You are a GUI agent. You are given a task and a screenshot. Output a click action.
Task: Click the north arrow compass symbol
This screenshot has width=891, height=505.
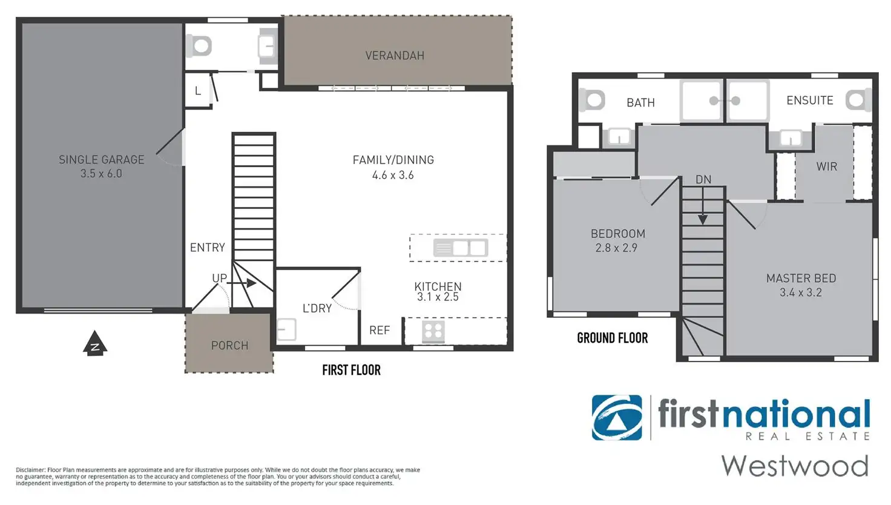pyautogui.click(x=95, y=343)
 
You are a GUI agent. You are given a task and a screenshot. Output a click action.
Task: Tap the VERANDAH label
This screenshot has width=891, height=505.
pyautogui.click(x=395, y=56)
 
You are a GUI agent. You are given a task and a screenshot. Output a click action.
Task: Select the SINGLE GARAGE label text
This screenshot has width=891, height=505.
pyautogui.click(x=102, y=160)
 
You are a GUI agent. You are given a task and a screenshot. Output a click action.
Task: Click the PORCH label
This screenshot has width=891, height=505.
pyautogui.click(x=229, y=345)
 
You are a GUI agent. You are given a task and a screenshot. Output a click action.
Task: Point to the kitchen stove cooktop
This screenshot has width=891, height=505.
pyautogui.click(x=433, y=331)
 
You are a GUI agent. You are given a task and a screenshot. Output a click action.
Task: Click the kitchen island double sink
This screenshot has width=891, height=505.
pyautogui.click(x=461, y=248)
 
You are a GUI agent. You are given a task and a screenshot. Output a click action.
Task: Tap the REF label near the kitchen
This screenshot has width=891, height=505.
pyautogui.click(x=380, y=330)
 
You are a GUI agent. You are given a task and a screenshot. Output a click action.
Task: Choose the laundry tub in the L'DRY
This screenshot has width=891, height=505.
pyautogui.click(x=286, y=329)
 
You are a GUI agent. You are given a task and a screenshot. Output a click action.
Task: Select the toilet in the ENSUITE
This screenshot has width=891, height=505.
pyautogui.click(x=858, y=100)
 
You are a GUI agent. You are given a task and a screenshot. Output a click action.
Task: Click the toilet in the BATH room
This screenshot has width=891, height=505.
pyautogui.click(x=592, y=100)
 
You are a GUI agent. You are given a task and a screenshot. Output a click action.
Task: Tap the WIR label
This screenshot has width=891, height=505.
pyautogui.click(x=827, y=167)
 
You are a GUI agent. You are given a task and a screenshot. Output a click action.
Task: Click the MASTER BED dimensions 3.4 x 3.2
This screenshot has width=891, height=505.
pyautogui.click(x=801, y=293)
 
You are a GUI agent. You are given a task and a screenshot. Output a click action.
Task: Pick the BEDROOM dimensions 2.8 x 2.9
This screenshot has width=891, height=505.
pyautogui.click(x=616, y=248)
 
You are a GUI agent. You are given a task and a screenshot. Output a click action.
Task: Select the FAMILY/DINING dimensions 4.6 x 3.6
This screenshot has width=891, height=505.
pyautogui.click(x=393, y=175)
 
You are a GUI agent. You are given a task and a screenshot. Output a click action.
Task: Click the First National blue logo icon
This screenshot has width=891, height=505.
pyautogui.click(x=617, y=417)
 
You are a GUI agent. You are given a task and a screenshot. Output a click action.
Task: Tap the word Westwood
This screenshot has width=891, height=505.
pyautogui.click(x=795, y=466)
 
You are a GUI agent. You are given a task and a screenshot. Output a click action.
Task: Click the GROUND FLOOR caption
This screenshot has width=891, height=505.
pyautogui.click(x=612, y=338)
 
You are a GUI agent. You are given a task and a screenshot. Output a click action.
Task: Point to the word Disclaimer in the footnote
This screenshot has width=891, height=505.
pyautogui.click(x=30, y=470)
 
